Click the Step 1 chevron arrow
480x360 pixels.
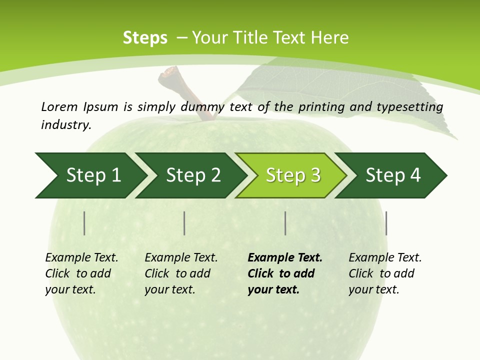click(x=90, y=175)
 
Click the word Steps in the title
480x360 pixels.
click(x=145, y=38)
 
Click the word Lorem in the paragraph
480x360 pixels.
click(x=59, y=106)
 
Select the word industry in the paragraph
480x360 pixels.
click(x=66, y=124)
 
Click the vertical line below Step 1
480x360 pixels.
click(x=84, y=223)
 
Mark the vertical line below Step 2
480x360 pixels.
click(x=184, y=223)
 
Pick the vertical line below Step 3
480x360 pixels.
click(x=285, y=223)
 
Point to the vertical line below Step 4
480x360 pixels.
click(x=386, y=223)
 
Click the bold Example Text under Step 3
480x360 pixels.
click(x=285, y=258)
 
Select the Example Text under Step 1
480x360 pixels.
click(x=81, y=258)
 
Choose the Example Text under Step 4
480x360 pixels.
click(x=385, y=258)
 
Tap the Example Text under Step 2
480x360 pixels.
click(x=181, y=258)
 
